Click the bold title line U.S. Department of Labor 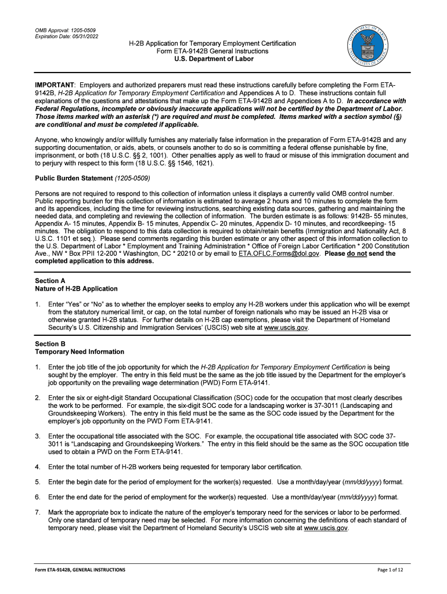click(x=212, y=59)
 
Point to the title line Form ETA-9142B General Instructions click(x=212, y=51)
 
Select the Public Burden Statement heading click(x=74, y=178)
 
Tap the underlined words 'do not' click(x=357, y=253)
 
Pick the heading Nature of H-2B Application click(x=76, y=288)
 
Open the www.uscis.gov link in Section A click(x=286, y=328)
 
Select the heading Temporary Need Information click(x=80, y=352)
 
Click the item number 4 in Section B click(x=38, y=466)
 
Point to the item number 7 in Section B click(x=38, y=512)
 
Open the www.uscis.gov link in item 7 click(x=326, y=528)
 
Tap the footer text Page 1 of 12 click(x=394, y=570)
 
